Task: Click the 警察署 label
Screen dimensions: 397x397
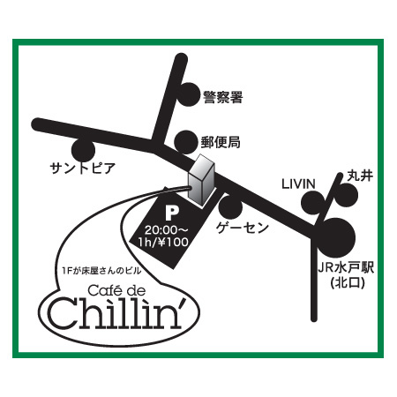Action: (x=223, y=97)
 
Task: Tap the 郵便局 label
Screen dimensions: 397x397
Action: (x=221, y=142)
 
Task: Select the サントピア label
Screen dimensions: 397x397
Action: (x=83, y=169)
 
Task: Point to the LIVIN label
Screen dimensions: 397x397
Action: (x=298, y=184)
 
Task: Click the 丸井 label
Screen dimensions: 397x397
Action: (x=360, y=176)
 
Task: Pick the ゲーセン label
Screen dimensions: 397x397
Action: (x=243, y=228)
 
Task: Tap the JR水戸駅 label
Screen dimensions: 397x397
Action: (x=346, y=268)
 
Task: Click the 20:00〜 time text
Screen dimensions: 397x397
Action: (x=166, y=229)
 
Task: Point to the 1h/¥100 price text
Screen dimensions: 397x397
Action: (x=163, y=242)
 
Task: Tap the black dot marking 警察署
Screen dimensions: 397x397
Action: (x=189, y=94)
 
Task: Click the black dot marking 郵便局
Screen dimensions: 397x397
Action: (x=186, y=142)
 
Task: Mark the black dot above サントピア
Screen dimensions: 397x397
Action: (x=84, y=150)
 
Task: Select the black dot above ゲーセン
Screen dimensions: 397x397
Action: (x=230, y=207)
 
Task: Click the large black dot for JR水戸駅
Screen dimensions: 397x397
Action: (x=337, y=237)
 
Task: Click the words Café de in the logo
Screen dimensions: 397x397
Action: (x=116, y=290)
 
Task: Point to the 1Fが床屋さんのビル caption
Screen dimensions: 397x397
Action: (x=101, y=271)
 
